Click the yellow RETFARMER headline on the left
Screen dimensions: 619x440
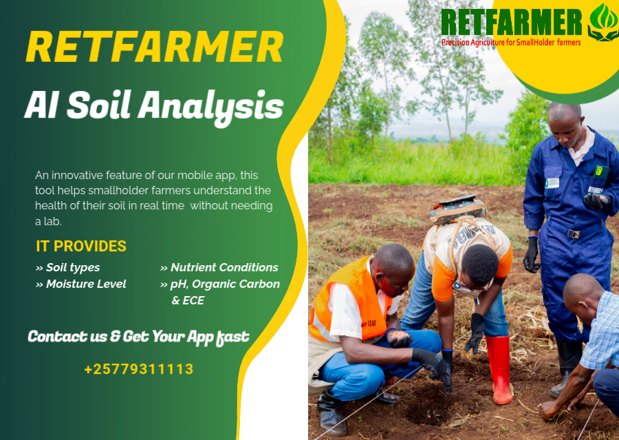154,47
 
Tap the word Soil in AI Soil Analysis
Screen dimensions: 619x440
98,105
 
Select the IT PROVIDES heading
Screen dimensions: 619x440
81,246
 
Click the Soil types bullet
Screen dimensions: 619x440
67,268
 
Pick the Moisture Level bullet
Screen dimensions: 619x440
80,284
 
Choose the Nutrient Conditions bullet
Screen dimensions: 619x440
219,268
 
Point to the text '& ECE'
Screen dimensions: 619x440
188,300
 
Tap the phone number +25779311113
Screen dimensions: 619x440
138,369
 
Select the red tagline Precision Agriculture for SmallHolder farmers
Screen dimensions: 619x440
511,42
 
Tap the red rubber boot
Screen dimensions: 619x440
500,368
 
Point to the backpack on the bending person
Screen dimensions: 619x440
457,209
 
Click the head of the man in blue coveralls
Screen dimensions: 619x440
565,123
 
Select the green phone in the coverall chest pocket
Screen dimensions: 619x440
601,171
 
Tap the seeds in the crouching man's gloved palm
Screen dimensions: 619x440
400,335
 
